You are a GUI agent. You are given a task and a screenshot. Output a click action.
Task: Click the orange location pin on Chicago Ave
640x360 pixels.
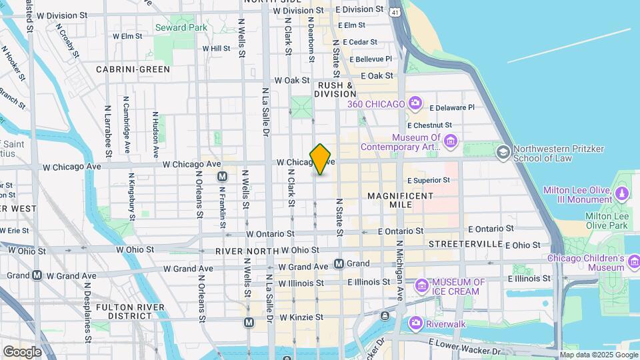pyautogui.click(x=321, y=159)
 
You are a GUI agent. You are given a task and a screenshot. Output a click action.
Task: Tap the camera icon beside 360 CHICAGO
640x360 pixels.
pyautogui.click(x=415, y=103)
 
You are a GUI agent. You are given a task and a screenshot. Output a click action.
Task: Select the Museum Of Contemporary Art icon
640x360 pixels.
pyautogui.click(x=451, y=141)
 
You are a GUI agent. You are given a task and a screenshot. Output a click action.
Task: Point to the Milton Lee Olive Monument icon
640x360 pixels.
pyautogui.click(x=621, y=194)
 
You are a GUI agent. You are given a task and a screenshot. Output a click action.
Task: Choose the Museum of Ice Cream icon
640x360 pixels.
pyautogui.click(x=421, y=287)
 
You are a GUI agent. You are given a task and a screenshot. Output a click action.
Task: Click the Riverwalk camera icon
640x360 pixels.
pyautogui.click(x=416, y=323)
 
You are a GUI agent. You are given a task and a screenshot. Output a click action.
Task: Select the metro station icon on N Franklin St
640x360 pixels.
pyautogui.click(x=223, y=177)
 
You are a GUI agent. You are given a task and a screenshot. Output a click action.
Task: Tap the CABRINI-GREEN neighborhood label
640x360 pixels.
pyautogui.click(x=133, y=69)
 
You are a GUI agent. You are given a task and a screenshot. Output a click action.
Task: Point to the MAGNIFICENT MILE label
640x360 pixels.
pyautogui.click(x=400, y=200)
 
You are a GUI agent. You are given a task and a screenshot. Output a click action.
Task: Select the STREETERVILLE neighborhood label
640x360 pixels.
pyautogui.click(x=465, y=244)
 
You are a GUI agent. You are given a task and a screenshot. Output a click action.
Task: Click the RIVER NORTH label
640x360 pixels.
pyautogui.click(x=246, y=251)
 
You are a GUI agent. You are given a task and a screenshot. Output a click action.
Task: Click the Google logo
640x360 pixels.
pyautogui.click(x=22, y=351)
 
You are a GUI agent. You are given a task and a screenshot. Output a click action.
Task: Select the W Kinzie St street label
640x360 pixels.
pyautogui.click(x=301, y=317)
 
